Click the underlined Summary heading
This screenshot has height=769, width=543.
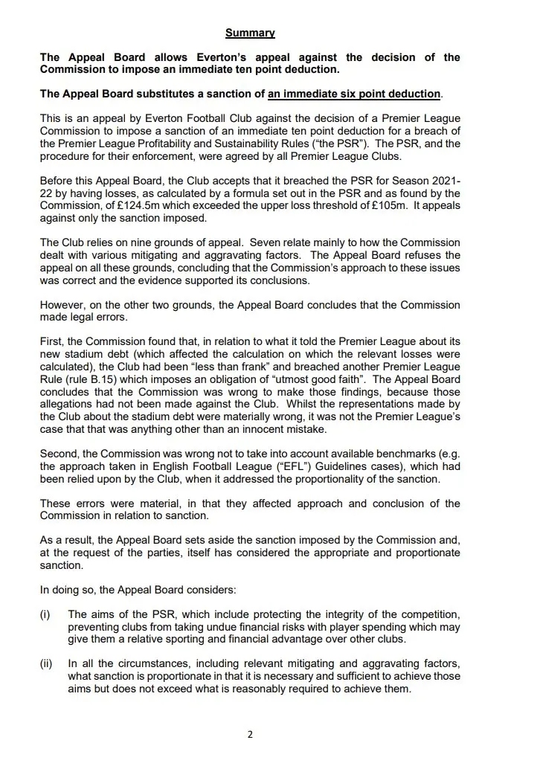[250, 33]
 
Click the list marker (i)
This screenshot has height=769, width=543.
[45, 614]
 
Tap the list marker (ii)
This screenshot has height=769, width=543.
[46, 663]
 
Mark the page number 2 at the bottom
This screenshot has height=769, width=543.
[250, 735]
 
